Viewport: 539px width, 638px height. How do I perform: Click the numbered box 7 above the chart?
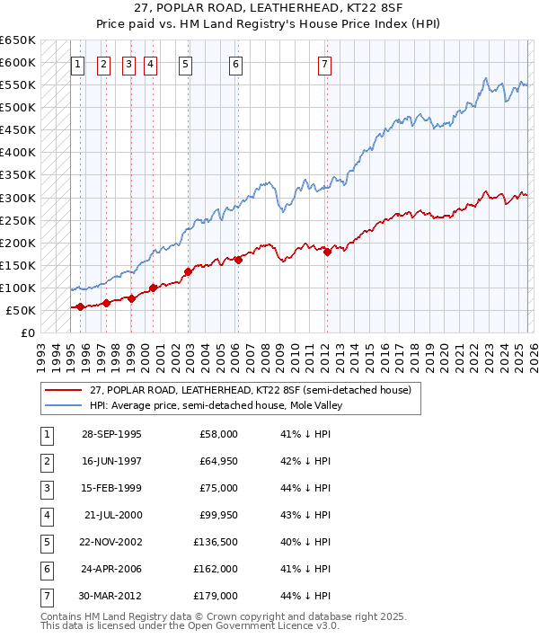click(324, 64)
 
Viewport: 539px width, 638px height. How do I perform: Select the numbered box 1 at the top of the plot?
click(79, 64)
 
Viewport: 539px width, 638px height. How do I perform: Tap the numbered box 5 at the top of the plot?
click(185, 64)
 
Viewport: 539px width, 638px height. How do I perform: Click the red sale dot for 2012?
click(327, 253)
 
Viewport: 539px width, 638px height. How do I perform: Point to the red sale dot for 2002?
click(188, 271)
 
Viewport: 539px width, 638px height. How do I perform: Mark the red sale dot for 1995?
click(81, 306)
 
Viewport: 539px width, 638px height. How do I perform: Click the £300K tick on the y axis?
click(18, 198)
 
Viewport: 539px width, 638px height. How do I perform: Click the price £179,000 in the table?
click(216, 595)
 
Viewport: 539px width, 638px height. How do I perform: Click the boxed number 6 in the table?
click(44, 568)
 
